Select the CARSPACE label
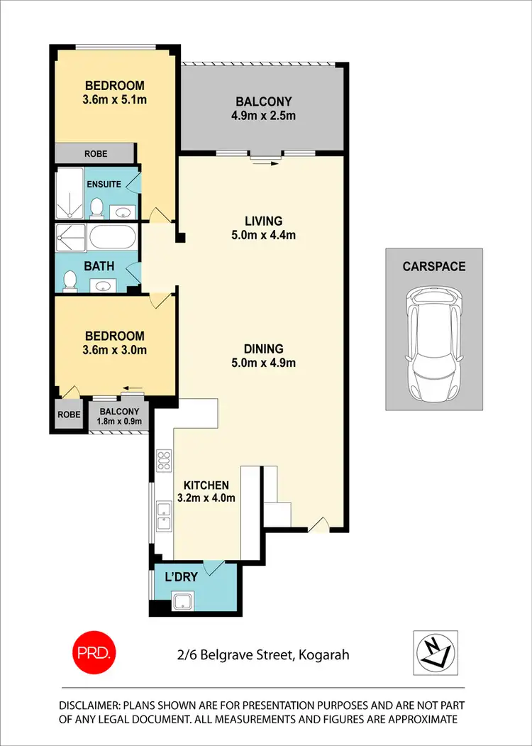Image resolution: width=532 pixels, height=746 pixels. pos(434,267)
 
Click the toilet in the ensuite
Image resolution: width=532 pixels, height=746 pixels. pos(96,208)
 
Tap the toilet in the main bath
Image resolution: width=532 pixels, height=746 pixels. pos(70,281)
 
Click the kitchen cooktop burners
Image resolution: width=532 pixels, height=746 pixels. pos(164,461)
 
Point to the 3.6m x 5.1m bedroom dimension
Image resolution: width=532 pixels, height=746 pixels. pos(115,99)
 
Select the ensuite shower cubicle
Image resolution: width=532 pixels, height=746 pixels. pos(70,193)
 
